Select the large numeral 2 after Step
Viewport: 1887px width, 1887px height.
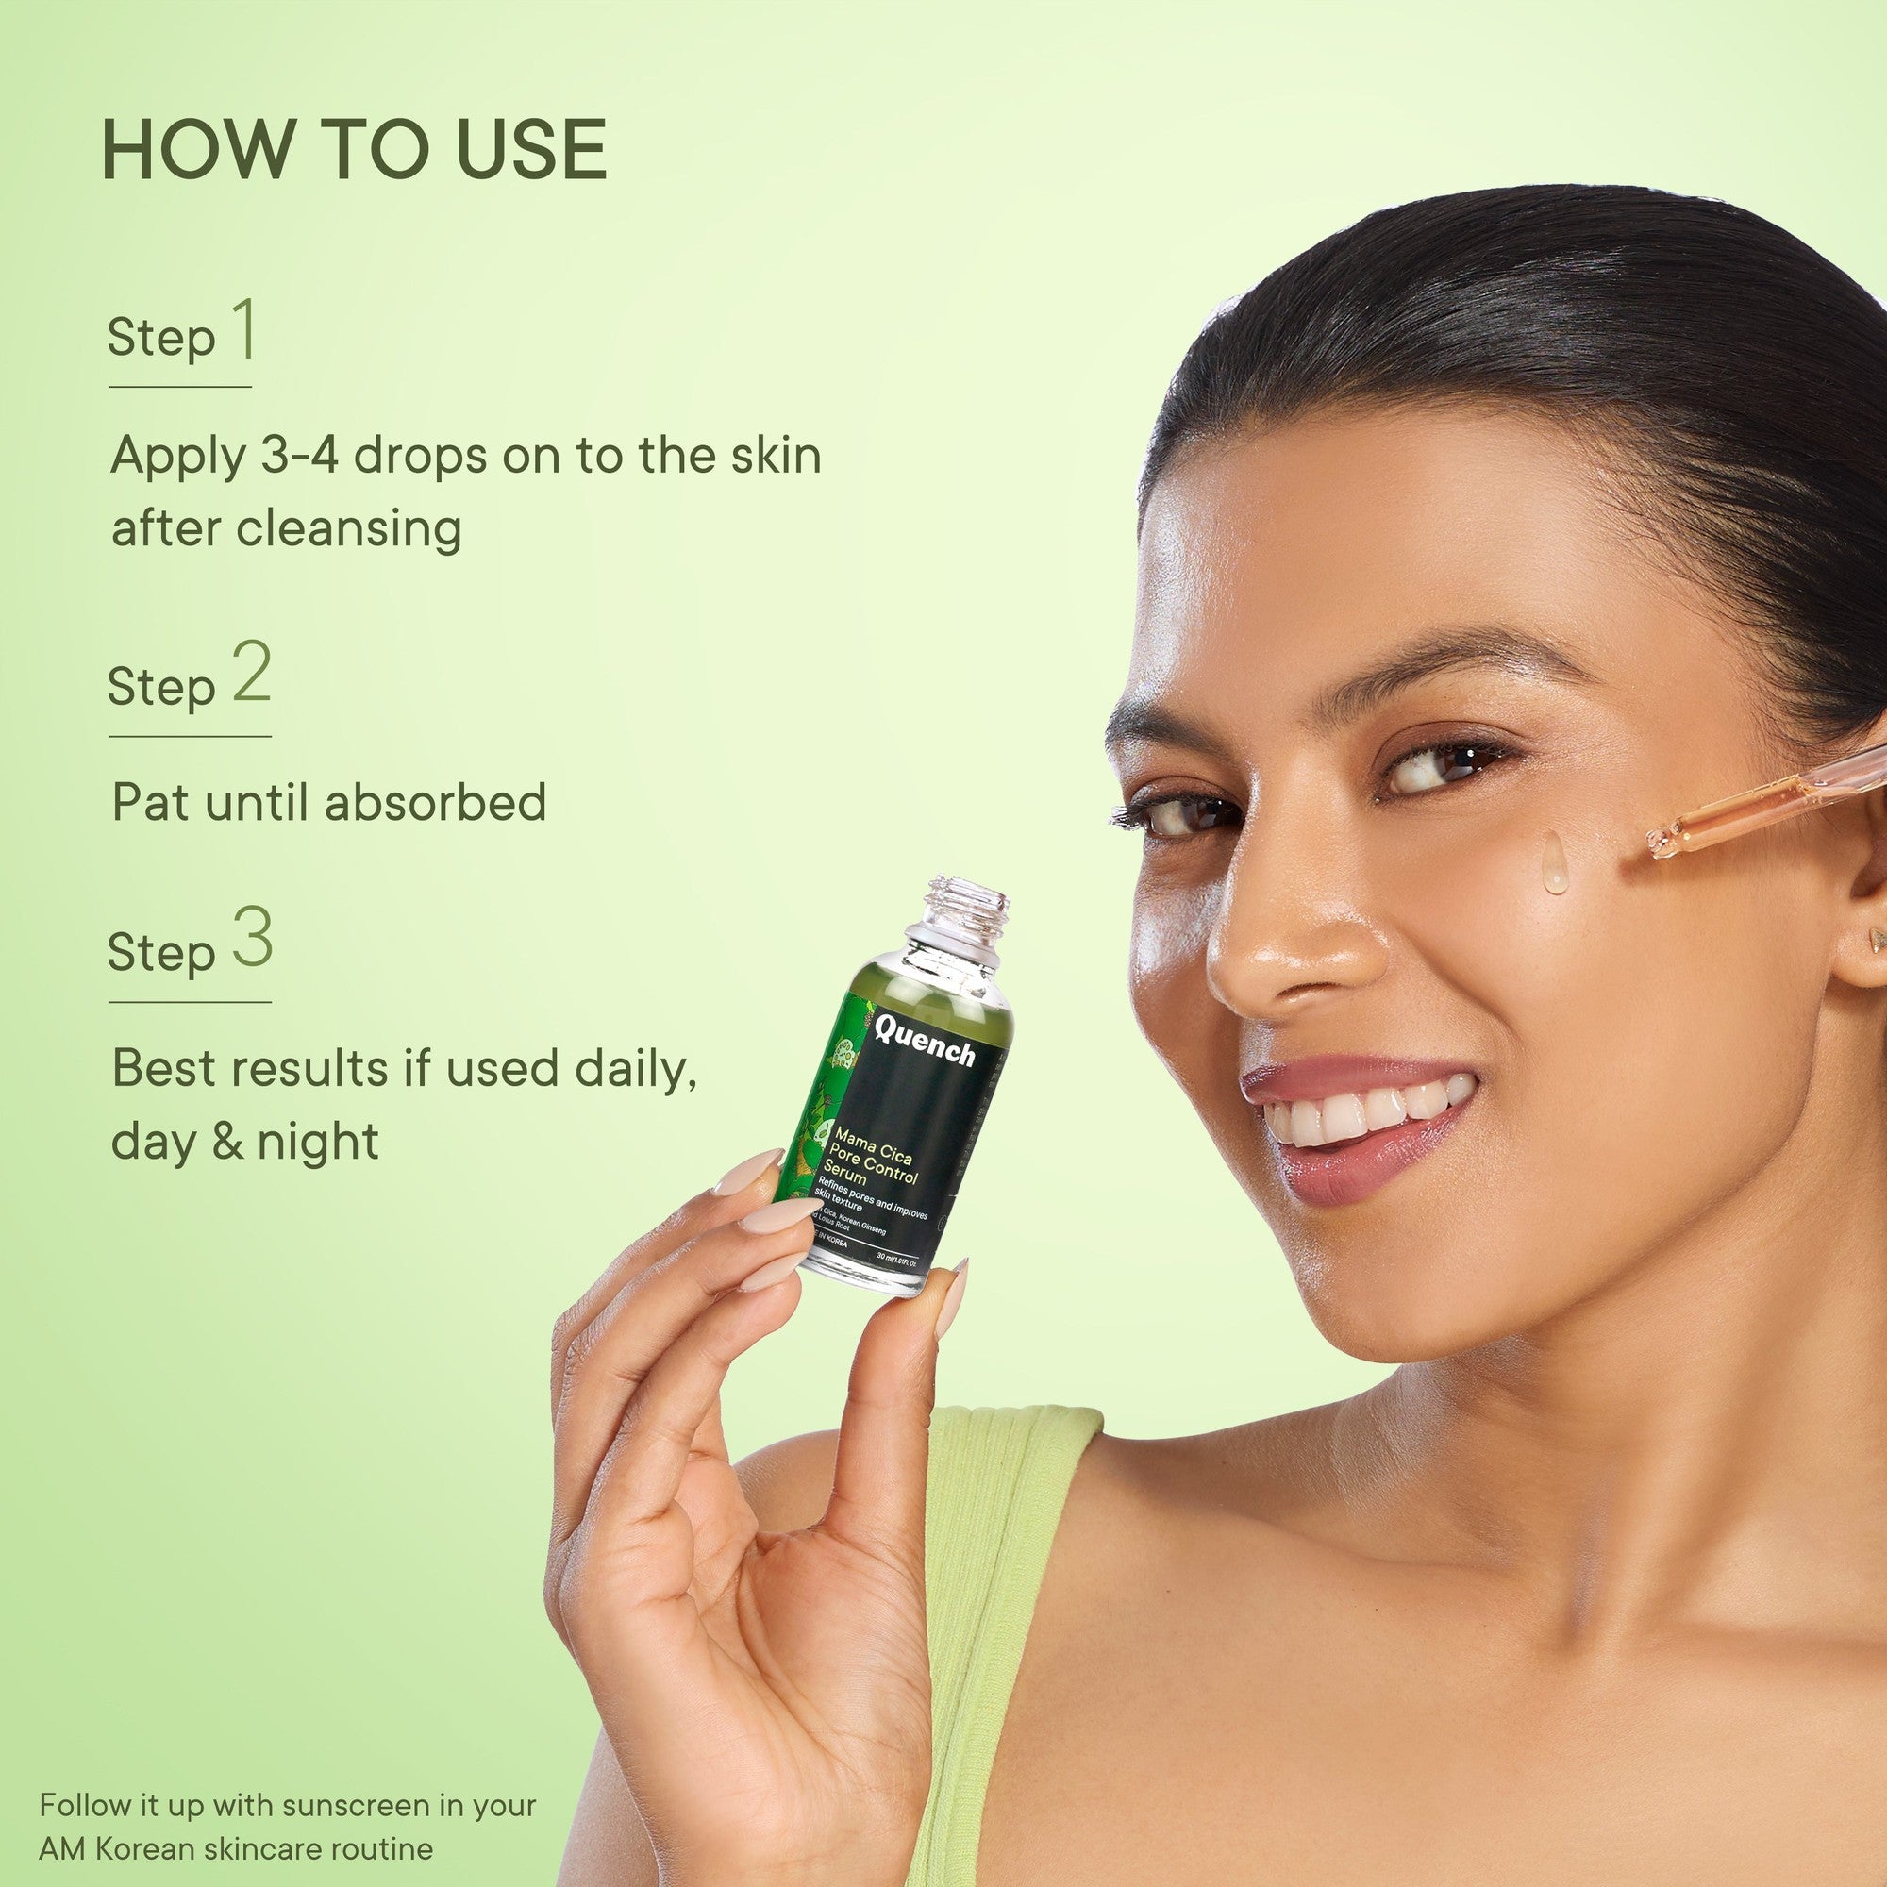(251, 675)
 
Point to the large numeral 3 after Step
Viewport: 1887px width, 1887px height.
(252, 940)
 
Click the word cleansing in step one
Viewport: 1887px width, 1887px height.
(349, 528)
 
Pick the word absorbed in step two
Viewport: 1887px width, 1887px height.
(435, 802)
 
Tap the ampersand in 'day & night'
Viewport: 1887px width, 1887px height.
(226, 1140)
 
